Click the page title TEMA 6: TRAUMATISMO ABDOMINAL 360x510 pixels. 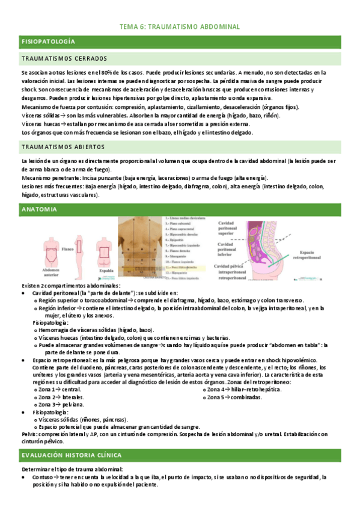tap(180, 27)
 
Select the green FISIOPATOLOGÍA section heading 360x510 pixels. tap(48, 41)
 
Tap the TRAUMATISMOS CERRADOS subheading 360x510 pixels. tap(64, 59)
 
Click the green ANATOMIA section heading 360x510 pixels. tap(39, 210)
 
